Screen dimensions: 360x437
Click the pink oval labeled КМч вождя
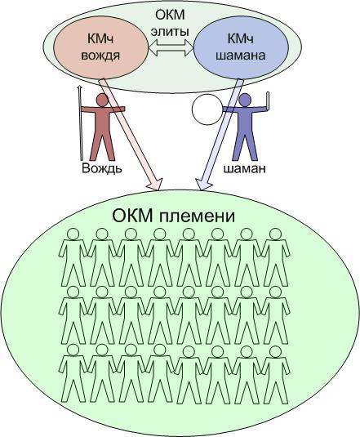tap(100, 47)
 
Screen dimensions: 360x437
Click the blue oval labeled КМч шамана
tap(241, 47)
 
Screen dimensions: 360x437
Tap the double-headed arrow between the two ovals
tap(171, 47)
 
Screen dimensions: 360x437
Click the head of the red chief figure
tap(102, 100)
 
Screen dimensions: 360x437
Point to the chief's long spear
tap(81, 123)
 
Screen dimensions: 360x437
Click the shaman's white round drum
tap(207, 109)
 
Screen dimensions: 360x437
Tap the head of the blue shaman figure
tap(245, 100)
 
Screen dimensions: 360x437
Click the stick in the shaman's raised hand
tap(268, 101)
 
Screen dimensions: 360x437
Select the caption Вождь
tap(101, 168)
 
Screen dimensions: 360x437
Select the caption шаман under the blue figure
tap(244, 169)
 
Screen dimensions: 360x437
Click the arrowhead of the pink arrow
tap(155, 184)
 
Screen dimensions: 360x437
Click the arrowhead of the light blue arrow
tap(203, 184)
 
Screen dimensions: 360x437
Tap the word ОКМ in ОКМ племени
tap(132, 216)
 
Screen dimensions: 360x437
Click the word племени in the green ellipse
tap(197, 217)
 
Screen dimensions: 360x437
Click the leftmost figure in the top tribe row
tap(73, 257)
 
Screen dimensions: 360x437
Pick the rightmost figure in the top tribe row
tap(276, 257)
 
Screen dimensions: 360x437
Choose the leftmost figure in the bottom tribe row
tap(73, 373)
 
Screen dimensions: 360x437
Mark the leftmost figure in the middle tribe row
tap(73, 315)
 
